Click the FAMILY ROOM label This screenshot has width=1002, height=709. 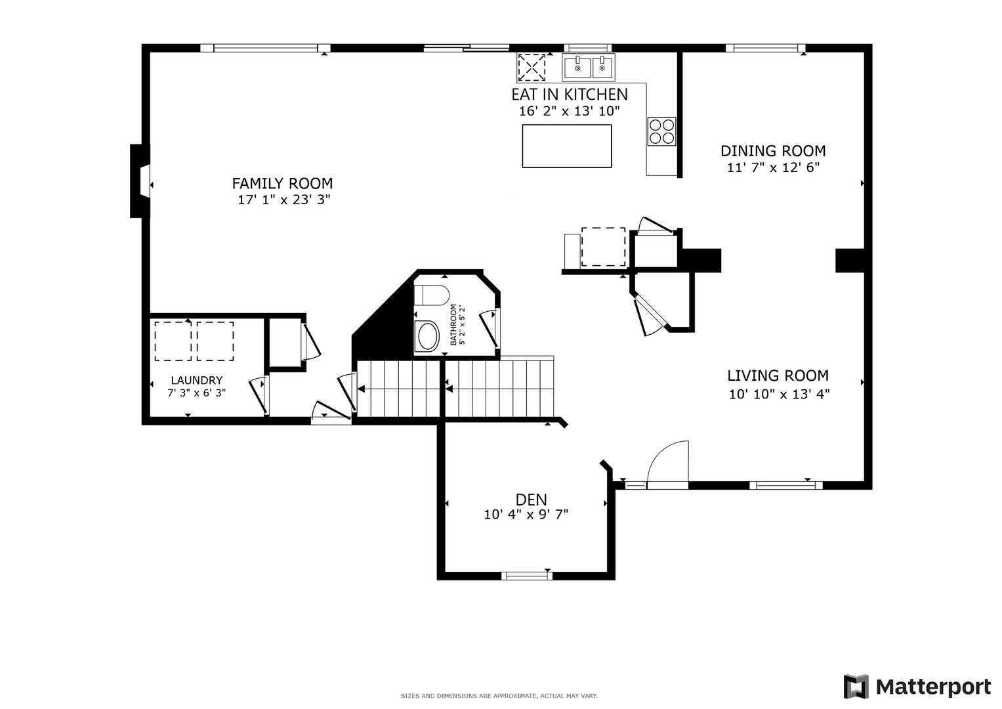coord(282,184)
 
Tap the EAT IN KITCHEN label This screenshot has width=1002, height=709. coord(570,95)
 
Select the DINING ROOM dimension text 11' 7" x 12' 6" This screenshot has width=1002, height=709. coord(773,167)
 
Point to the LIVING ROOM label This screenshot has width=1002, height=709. coord(778,376)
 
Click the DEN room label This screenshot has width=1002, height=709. coord(531,500)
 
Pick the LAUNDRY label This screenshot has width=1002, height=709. coord(196,381)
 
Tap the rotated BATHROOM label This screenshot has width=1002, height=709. coord(453,324)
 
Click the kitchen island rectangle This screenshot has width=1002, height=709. coord(567,146)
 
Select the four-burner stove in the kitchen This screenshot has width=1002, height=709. coord(661,131)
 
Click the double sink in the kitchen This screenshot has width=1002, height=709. coord(589,67)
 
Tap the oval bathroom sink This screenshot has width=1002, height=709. coord(427,336)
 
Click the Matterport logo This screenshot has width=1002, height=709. coord(917,687)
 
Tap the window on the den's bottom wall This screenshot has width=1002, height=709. coord(526,576)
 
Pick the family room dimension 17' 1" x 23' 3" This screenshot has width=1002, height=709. coord(283,200)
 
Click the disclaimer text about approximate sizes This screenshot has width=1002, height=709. coord(499,696)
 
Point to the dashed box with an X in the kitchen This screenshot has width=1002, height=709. coord(532,68)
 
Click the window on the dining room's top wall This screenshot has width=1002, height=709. coord(765,48)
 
